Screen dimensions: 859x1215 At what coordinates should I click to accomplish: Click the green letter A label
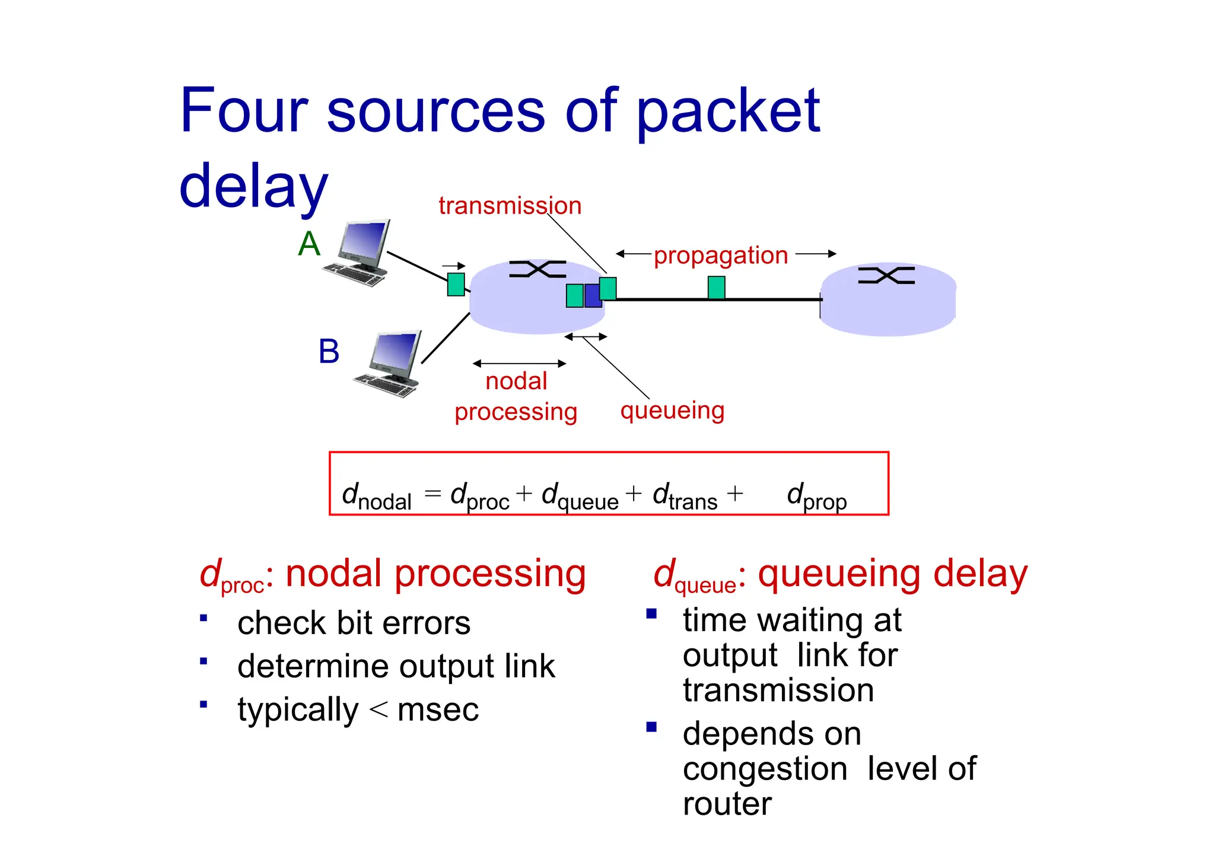pos(309,244)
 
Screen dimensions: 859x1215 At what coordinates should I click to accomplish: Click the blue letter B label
pos(329,351)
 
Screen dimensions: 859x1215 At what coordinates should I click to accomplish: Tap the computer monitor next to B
pos(395,355)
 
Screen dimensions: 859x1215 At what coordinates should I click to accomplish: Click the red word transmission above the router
pos(510,206)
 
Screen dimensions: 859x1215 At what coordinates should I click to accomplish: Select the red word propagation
pos(720,256)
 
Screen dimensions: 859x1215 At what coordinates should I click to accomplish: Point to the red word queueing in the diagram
pos(672,411)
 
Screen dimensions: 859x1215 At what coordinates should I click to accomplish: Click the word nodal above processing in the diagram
pos(516,381)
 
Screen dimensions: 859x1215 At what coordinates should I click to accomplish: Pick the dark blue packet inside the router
pos(593,295)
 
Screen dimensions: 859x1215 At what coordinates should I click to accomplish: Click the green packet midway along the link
pos(716,288)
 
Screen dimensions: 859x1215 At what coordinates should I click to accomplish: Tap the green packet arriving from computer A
pos(456,284)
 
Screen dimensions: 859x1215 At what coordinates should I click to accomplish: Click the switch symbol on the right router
pos(886,276)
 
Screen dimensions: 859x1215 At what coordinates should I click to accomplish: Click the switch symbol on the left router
pos(537,269)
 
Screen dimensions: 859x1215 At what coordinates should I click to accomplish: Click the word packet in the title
pos(728,111)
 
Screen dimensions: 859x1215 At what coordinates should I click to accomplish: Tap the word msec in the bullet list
pos(438,710)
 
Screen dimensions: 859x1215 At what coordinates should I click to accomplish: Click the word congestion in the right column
pos(765,769)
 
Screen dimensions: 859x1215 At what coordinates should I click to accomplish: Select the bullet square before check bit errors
pos(203,618)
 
